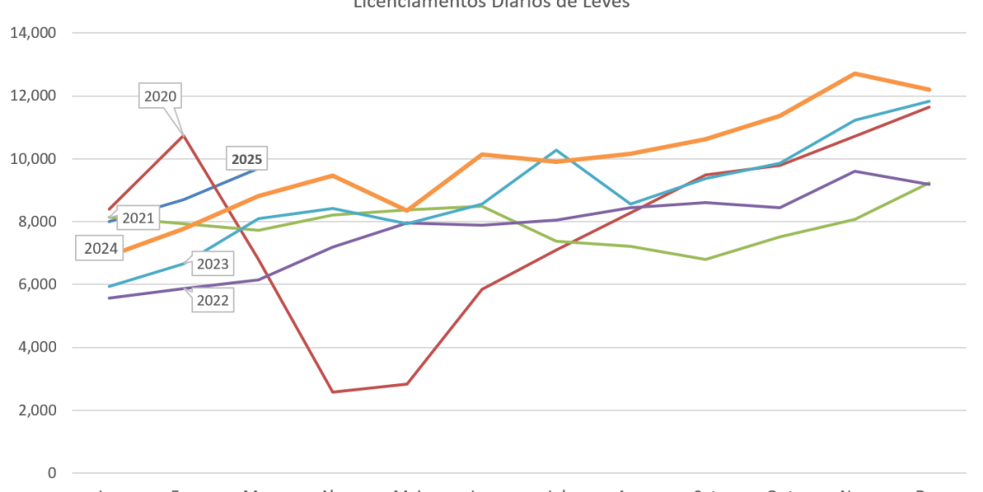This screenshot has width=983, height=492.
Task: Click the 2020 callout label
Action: pyautogui.click(x=160, y=97)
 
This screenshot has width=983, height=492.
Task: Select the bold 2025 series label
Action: pyautogui.click(x=247, y=159)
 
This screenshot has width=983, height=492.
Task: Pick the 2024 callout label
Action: pyautogui.click(x=101, y=249)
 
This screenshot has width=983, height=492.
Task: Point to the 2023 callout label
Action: pyautogui.click(x=212, y=263)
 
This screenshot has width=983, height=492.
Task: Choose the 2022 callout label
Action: pyautogui.click(x=212, y=300)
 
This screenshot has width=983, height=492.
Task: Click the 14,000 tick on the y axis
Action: pyautogui.click(x=33, y=34)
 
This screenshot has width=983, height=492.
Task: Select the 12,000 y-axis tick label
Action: pyautogui.click(x=33, y=96)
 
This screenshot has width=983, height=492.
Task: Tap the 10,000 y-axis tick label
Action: pyautogui.click(x=33, y=159)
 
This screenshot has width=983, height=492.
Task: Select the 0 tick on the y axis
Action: pyautogui.click(x=53, y=473)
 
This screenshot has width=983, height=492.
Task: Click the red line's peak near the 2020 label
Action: pyautogui.click(x=184, y=134)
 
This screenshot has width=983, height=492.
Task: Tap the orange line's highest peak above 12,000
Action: pyautogui.click(x=854, y=73)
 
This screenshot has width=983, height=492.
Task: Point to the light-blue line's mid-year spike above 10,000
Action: pyautogui.click(x=557, y=151)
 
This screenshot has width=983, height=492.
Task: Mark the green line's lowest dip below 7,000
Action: pyautogui.click(x=705, y=259)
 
